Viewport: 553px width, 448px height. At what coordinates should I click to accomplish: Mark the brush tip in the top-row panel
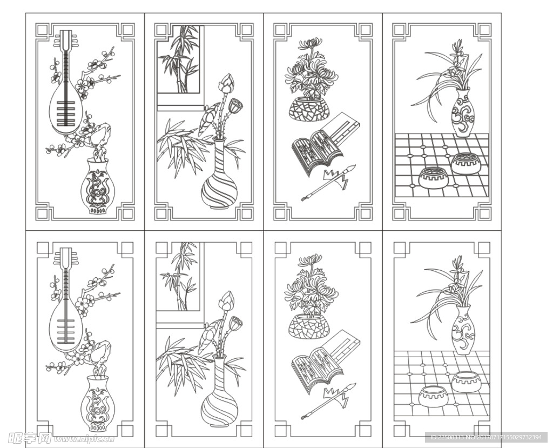tap(349, 169)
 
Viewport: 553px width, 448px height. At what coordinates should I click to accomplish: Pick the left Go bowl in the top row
tap(434, 178)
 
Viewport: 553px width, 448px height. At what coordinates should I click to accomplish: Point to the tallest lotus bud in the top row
tap(226, 84)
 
